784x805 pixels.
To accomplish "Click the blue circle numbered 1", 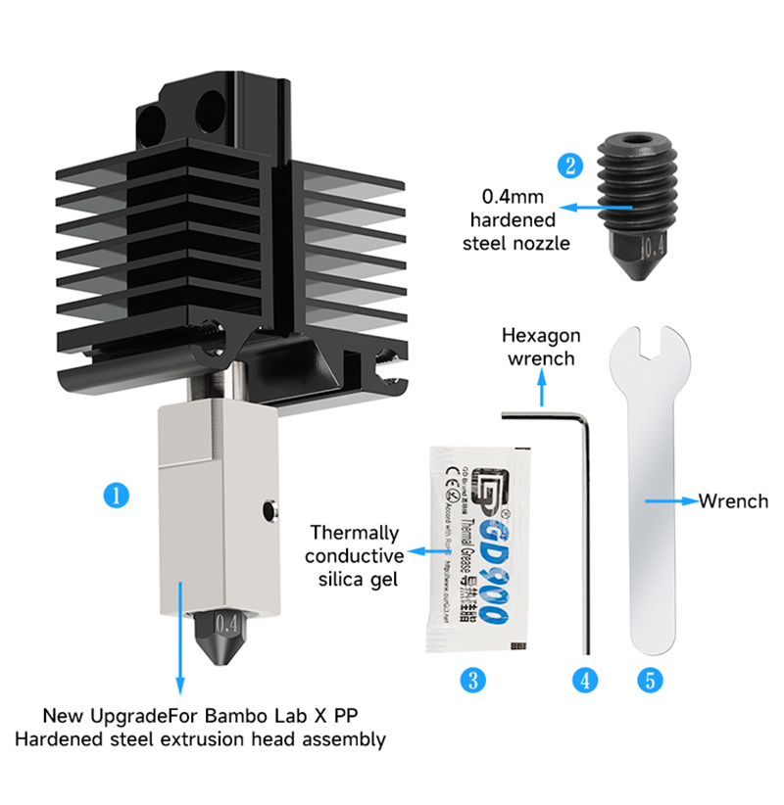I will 117,495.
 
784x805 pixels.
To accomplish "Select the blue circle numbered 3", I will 474,680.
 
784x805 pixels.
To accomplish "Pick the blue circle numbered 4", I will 586,680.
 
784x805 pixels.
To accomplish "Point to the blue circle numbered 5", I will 648,680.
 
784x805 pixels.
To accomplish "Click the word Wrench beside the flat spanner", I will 733,501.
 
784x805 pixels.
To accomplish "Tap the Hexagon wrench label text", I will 541,347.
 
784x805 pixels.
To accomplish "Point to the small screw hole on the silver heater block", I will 268,508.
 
